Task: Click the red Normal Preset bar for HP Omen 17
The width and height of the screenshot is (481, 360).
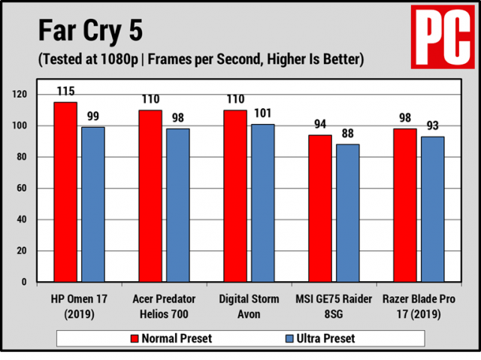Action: [65, 192]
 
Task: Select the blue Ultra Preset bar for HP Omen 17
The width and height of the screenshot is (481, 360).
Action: [93, 204]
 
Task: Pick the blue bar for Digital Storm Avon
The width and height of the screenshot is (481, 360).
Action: [263, 203]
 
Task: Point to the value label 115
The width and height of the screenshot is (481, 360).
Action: [65, 91]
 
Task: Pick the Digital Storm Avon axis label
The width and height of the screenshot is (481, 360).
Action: [249, 306]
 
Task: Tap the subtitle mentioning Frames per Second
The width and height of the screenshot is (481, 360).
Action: [200, 59]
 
